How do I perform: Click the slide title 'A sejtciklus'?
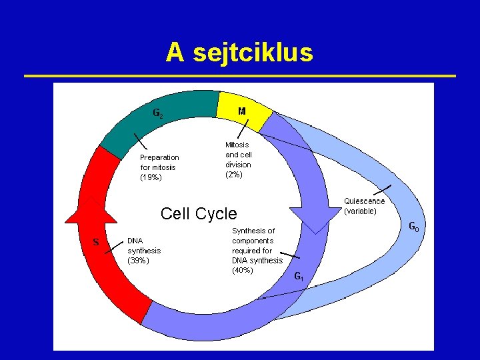[x=239, y=52]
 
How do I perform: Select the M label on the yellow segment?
[x=241, y=111]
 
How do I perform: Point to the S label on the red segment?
[x=96, y=242]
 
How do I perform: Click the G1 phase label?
[x=299, y=276]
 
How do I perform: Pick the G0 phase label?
[x=414, y=229]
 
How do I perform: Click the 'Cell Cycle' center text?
[x=199, y=213]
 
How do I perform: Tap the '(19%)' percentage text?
[x=151, y=177]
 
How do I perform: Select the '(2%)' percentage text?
[x=234, y=175]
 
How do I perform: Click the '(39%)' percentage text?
[x=138, y=261]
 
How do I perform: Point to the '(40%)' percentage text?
[x=243, y=271]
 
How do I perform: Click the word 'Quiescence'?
[x=364, y=201]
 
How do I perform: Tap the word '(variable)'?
[x=360, y=211]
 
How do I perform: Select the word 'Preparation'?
[x=159, y=157]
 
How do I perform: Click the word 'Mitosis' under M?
[x=237, y=144]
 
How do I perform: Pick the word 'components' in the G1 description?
[x=253, y=241]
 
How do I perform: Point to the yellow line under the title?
[x=240, y=76]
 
